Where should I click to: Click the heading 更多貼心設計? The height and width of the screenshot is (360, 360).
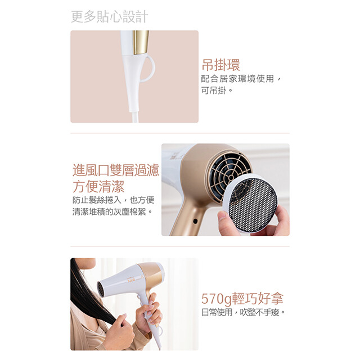(x=110, y=16)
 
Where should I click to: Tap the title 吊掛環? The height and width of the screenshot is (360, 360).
(x=220, y=65)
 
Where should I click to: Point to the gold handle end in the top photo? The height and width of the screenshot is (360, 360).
(x=141, y=42)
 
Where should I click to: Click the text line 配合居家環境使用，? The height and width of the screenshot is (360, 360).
(x=241, y=79)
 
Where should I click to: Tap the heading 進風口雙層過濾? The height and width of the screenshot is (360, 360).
(x=116, y=170)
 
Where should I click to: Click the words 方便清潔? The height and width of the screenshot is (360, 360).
(x=98, y=186)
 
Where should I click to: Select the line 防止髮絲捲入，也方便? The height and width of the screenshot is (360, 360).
(x=113, y=200)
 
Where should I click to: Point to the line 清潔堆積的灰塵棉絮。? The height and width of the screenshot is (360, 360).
(x=112, y=211)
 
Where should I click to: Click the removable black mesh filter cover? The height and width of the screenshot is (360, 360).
(x=252, y=203)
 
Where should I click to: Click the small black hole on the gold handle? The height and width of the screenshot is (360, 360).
(x=195, y=221)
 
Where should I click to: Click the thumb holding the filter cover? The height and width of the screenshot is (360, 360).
(x=227, y=223)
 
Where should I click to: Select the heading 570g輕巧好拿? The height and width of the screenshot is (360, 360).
(x=242, y=299)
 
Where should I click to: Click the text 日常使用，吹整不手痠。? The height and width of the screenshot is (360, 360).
(x=243, y=312)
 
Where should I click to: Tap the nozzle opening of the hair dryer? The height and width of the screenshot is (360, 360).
(x=101, y=289)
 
